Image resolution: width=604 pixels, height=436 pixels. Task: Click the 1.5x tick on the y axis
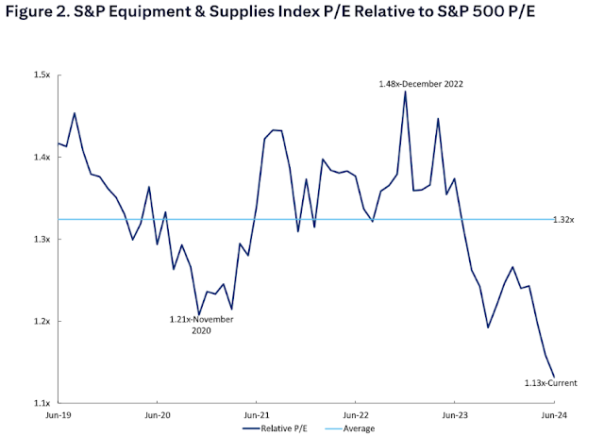click(x=42, y=75)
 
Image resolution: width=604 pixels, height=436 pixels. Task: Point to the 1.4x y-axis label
click(x=42, y=157)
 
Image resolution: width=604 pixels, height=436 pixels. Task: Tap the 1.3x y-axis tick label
click(x=42, y=239)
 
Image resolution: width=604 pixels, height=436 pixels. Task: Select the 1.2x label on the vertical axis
click(x=42, y=321)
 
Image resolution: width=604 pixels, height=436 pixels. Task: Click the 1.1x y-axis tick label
click(x=42, y=403)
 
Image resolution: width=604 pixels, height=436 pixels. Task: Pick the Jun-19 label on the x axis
click(x=59, y=414)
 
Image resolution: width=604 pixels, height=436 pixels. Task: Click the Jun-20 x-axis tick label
click(x=157, y=414)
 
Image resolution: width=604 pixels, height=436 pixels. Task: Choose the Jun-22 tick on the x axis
click(x=355, y=414)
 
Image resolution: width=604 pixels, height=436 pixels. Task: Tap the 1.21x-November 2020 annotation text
click(x=201, y=326)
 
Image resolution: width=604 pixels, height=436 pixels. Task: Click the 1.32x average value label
click(x=563, y=219)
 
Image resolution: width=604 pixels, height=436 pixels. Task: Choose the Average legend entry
click(x=352, y=428)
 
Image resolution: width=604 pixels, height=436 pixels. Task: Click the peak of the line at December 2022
click(x=405, y=92)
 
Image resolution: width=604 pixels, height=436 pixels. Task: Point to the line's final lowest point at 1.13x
click(x=553, y=377)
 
